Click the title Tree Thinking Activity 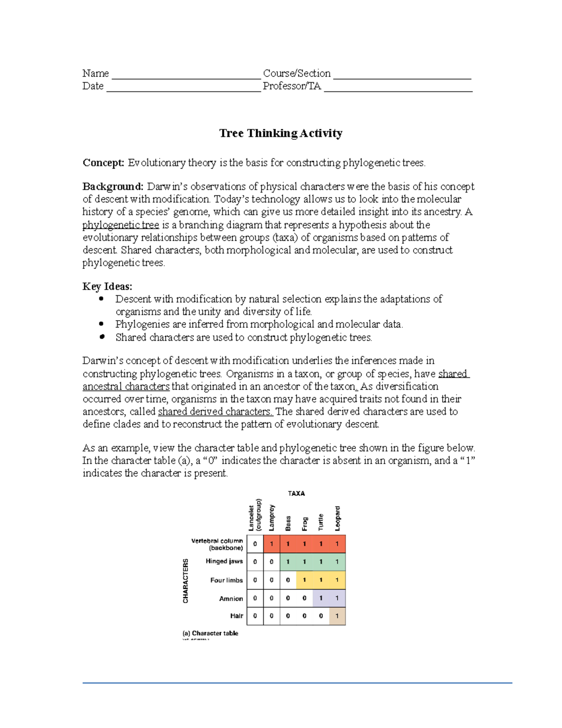pyautogui.click(x=281, y=134)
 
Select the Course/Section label pyautogui.click(x=296, y=74)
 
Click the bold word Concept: pyautogui.click(x=104, y=163)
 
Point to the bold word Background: pyautogui.click(x=113, y=187)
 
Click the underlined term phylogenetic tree pyautogui.click(x=120, y=225)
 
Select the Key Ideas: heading pyautogui.click(x=107, y=286)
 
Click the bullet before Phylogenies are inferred pyautogui.click(x=102, y=324)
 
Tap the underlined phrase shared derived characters pyautogui.click(x=215, y=412)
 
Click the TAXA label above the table pyautogui.click(x=296, y=494)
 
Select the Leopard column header pyautogui.click(x=338, y=518)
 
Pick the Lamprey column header pyautogui.click(x=272, y=518)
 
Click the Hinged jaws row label pyautogui.click(x=224, y=561)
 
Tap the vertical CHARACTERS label pyautogui.click(x=185, y=580)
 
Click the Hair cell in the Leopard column pyautogui.click(x=337, y=616)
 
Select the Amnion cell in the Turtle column pyautogui.click(x=321, y=598)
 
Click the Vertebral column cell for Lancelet pyautogui.click(x=255, y=544)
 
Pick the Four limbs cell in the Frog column pyautogui.click(x=304, y=580)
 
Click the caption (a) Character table pyautogui.click(x=210, y=633)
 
